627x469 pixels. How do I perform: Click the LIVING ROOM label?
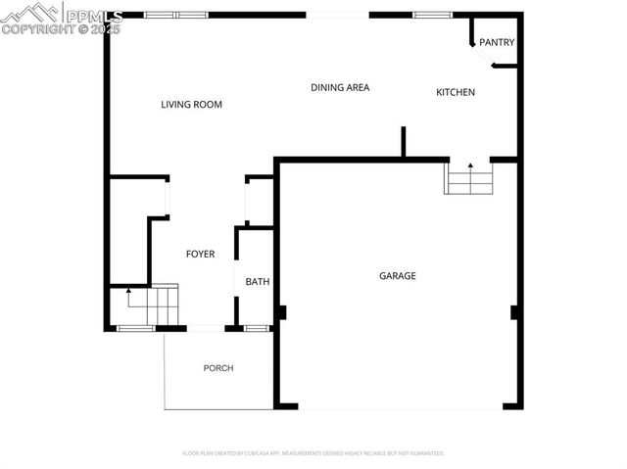coord(192,104)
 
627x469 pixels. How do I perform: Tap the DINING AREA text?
coord(339,87)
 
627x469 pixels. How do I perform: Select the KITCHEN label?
coord(455,92)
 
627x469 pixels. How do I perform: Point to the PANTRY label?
coord(496,42)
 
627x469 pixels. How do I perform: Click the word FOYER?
coord(200,254)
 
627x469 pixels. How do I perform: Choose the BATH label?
coord(257,282)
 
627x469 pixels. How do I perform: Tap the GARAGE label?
coord(397,276)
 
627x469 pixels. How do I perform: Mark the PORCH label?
coord(217,368)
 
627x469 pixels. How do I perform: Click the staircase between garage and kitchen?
coord(469,179)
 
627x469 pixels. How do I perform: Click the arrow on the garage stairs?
coord(469,167)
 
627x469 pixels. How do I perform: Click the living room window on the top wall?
coord(175,15)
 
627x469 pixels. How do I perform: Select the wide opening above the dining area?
coord(338,15)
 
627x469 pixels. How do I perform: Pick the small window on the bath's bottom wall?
coord(257,328)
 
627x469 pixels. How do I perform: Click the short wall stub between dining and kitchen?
coord(403,142)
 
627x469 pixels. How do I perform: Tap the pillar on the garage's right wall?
coord(514,313)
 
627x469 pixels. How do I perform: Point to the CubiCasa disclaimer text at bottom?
coord(313,453)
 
